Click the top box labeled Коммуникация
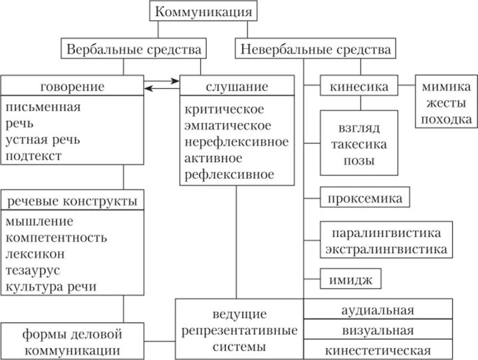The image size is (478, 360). [x=203, y=11]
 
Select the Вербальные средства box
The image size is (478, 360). [x=133, y=49]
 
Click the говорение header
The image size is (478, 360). [x=72, y=86]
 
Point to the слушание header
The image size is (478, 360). [x=237, y=86]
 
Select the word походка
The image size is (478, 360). [x=446, y=119]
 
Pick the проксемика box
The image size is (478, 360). [x=364, y=197]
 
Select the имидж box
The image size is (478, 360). [x=350, y=278]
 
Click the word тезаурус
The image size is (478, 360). [x=33, y=270]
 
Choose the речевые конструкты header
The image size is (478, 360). [x=72, y=201]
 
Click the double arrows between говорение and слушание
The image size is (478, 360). [x=162, y=84]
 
